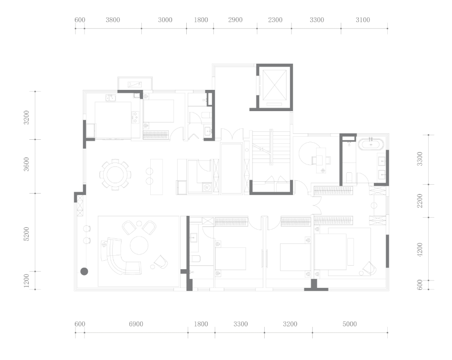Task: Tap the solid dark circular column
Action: pos(84,271)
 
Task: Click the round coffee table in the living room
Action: pos(139,245)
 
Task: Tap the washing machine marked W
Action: pos(206,187)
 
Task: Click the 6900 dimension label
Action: pos(136,324)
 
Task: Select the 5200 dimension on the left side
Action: pos(26,234)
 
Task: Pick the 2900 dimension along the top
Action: pos(235,20)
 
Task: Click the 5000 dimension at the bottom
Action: pos(350,324)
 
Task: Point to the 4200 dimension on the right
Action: pos(420,249)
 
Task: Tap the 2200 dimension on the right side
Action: pos(420,200)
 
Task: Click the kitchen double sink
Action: pos(110,98)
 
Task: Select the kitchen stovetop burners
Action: pos(135,118)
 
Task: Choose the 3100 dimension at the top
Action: pos(363,20)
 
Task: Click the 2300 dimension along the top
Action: pos(275,20)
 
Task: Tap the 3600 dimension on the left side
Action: pos(26,164)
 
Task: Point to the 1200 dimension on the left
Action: pos(26,280)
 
